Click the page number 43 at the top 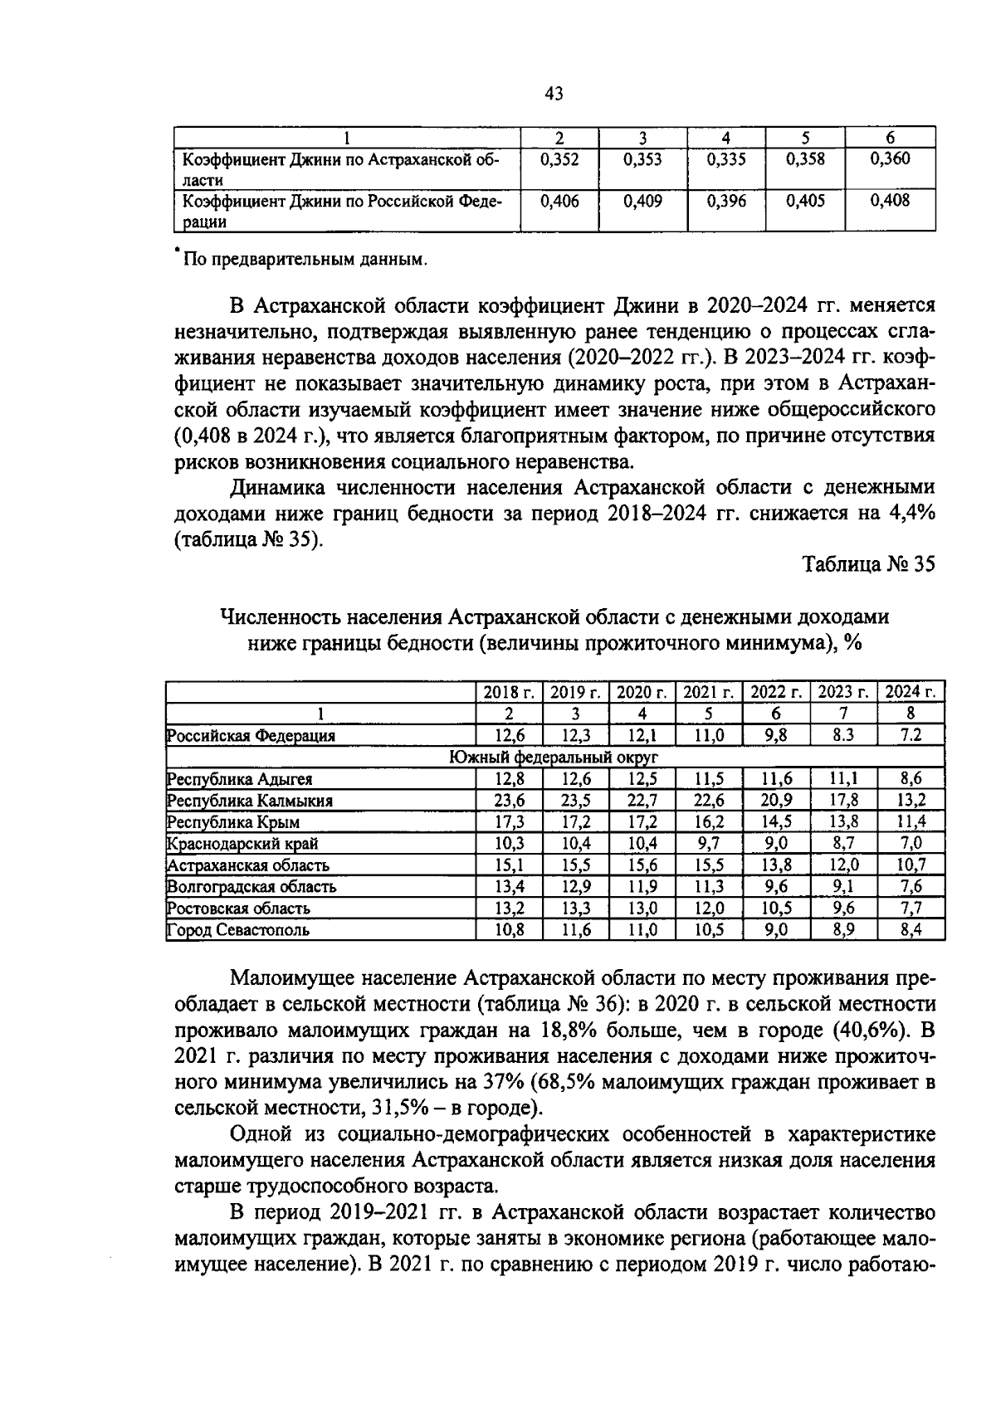click(x=554, y=94)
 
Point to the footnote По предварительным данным click(x=304, y=260)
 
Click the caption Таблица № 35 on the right click(x=868, y=564)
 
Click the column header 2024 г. click(x=911, y=692)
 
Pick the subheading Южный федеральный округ click(x=554, y=757)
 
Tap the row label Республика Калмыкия click(x=251, y=801)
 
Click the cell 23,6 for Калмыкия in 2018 click(x=509, y=801)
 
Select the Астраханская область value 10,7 click(x=911, y=865)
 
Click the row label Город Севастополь click(x=239, y=930)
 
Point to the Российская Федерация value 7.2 click(x=911, y=735)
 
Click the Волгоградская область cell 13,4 click(x=509, y=887)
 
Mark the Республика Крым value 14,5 click(x=776, y=822)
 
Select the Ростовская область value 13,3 click(x=575, y=909)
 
